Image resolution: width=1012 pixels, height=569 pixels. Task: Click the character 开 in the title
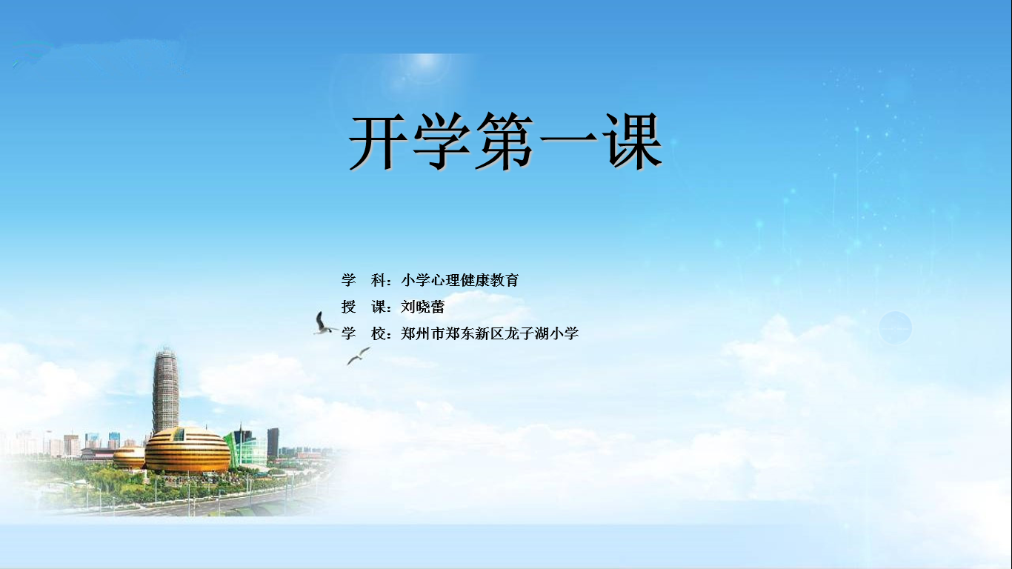click(x=377, y=142)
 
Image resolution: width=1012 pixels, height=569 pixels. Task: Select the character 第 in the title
click(x=505, y=142)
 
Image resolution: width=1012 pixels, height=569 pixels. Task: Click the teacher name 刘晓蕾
click(x=423, y=307)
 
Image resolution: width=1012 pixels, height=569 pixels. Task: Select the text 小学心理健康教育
click(x=460, y=280)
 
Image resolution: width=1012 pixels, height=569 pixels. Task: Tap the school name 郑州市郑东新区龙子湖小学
click(x=490, y=333)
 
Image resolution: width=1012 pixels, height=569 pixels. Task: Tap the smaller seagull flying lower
click(x=359, y=356)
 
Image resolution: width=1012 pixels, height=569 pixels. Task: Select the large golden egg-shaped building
click(x=187, y=450)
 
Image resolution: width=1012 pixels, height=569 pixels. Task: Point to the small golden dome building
click(x=129, y=458)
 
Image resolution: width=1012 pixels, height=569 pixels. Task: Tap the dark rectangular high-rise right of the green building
click(x=273, y=442)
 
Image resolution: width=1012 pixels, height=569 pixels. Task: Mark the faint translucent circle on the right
click(x=895, y=328)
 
